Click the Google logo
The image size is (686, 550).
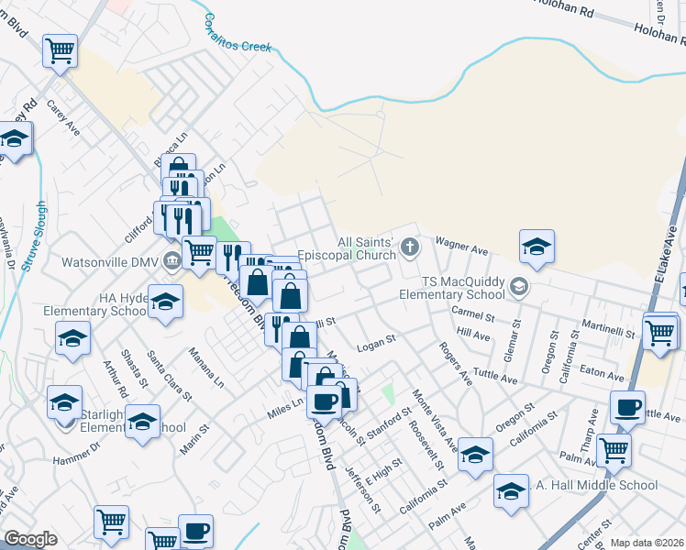tap(30, 539)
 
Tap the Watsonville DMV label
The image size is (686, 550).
tap(108, 261)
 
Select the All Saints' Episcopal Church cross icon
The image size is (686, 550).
tap(409, 246)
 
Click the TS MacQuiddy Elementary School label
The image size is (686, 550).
tap(451, 288)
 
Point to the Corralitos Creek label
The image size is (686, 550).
tap(237, 32)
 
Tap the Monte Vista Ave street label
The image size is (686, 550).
tap(434, 417)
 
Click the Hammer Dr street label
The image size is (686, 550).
tap(75, 460)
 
